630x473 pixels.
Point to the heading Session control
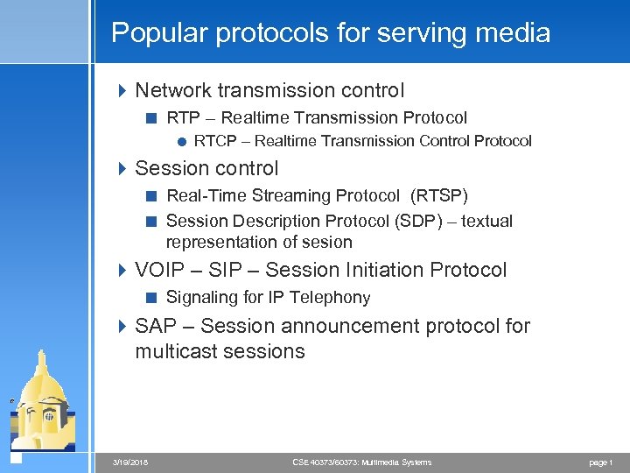206,168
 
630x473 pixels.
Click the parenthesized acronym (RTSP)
439,195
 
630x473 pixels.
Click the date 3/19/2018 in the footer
131,462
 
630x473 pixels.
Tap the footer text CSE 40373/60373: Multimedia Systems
361,462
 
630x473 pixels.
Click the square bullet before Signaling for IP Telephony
152,298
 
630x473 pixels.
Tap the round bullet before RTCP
180,141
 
